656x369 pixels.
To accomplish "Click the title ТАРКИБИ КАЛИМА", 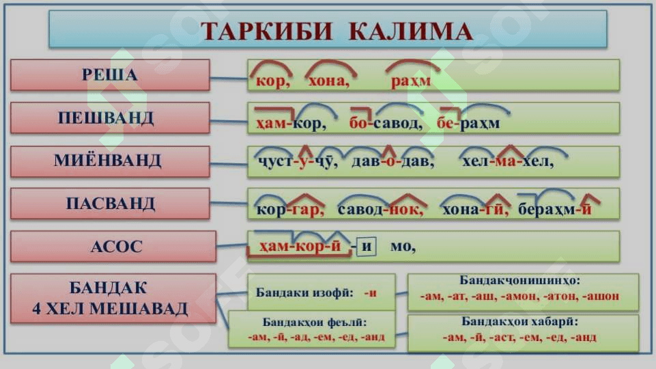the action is point(337,31).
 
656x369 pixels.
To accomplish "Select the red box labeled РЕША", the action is point(110,75).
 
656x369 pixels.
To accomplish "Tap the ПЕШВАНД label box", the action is point(110,118).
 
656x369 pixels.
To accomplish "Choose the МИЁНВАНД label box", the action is point(110,161).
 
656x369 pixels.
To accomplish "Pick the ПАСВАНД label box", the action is point(110,204).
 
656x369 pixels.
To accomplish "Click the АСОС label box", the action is point(113,246).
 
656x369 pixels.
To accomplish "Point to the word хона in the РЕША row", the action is point(329,81).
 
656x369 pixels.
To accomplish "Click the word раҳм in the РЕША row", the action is point(411,81).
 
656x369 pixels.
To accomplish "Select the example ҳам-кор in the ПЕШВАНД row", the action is point(291,124).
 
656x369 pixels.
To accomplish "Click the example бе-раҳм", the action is point(468,124).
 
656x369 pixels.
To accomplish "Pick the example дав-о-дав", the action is point(393,162).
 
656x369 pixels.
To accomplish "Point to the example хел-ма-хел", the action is point(508,162).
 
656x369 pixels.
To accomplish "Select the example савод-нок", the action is point(380,209).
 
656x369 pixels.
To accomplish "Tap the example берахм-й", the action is point(555,209).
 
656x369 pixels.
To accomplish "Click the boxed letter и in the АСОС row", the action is point(367,246).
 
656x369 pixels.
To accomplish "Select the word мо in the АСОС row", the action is point(403,247).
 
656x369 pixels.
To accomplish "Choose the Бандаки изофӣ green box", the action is point(322,292).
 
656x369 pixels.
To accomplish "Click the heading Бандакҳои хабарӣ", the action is point(519,322).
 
